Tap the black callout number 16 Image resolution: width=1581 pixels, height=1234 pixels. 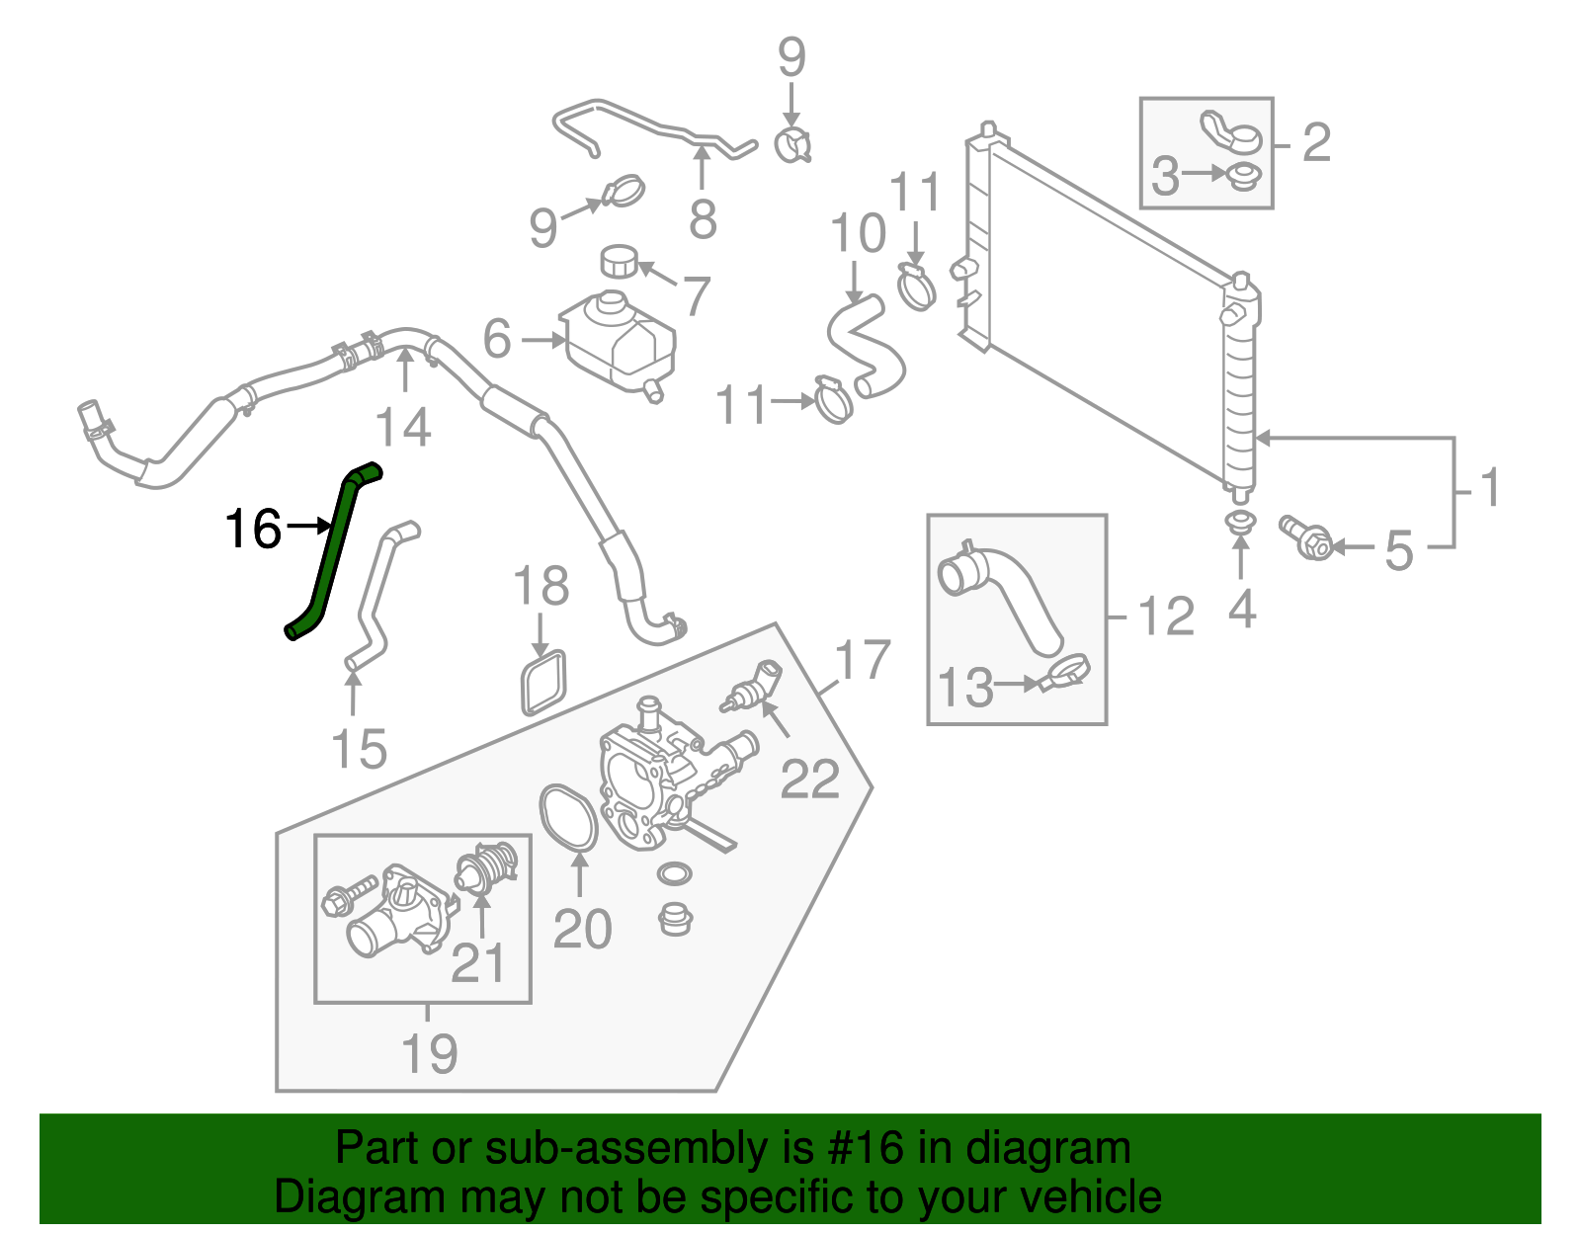pos(254,530)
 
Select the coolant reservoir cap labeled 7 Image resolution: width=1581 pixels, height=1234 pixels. pos(618,263)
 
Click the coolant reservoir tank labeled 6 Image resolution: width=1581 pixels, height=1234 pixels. pos(622,341)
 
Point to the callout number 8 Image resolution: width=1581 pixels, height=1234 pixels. pos(703,219)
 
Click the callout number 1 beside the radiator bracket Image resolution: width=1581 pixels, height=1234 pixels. pos(1489,488)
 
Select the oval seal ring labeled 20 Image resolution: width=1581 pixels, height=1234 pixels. pos(568,817)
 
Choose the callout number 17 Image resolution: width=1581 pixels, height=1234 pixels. pos(863,660)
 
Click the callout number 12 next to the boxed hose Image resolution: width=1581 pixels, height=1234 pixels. pos(1167,617)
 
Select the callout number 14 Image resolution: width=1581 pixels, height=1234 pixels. pos(404,427)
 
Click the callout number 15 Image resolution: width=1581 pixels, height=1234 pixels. pos(359,749)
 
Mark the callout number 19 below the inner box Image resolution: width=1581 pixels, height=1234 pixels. pos(430,1053)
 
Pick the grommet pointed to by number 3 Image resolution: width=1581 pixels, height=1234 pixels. pos(1242,177)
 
